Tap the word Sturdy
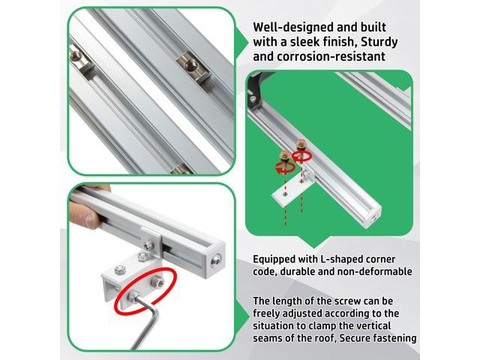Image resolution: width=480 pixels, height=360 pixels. [x=379, y=42]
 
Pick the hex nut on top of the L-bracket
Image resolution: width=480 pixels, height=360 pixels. [x=120, y=269]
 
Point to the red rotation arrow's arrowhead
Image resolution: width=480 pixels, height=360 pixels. [x=278, y=171]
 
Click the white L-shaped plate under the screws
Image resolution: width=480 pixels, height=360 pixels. [x=291, y=189]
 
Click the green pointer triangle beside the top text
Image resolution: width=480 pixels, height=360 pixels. [x=241, y=42]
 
